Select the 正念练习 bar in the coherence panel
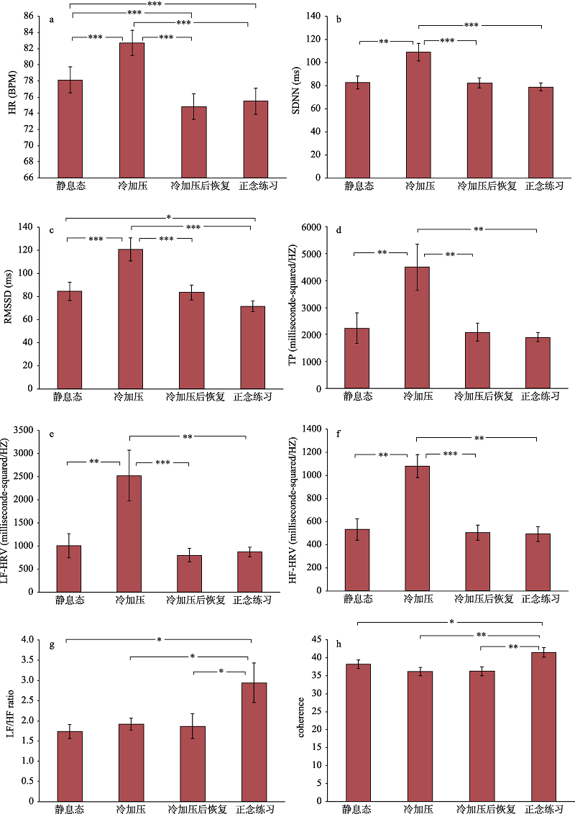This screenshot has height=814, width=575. (543, 726)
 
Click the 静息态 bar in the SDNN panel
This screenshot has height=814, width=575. (357, 129)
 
